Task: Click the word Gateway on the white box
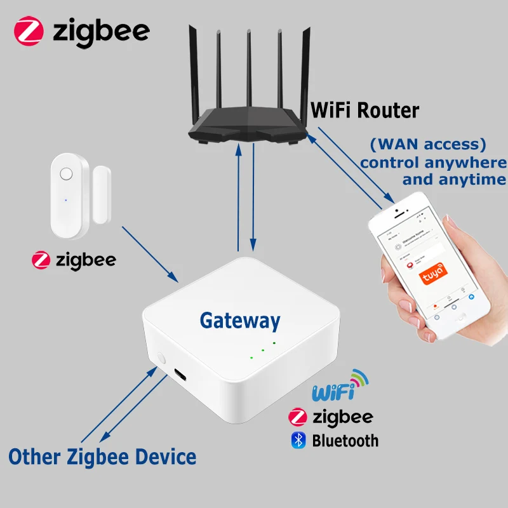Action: coord(239,321)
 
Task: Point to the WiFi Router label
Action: coord(364,110)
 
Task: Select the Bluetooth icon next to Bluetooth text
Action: coord(298,440)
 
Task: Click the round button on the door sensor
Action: coord(65,174)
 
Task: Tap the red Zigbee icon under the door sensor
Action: coord(41,260)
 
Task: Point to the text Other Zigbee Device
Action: coord(102,456)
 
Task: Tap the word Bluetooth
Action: coord(345,440)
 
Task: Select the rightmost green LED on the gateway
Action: coord(274,344)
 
